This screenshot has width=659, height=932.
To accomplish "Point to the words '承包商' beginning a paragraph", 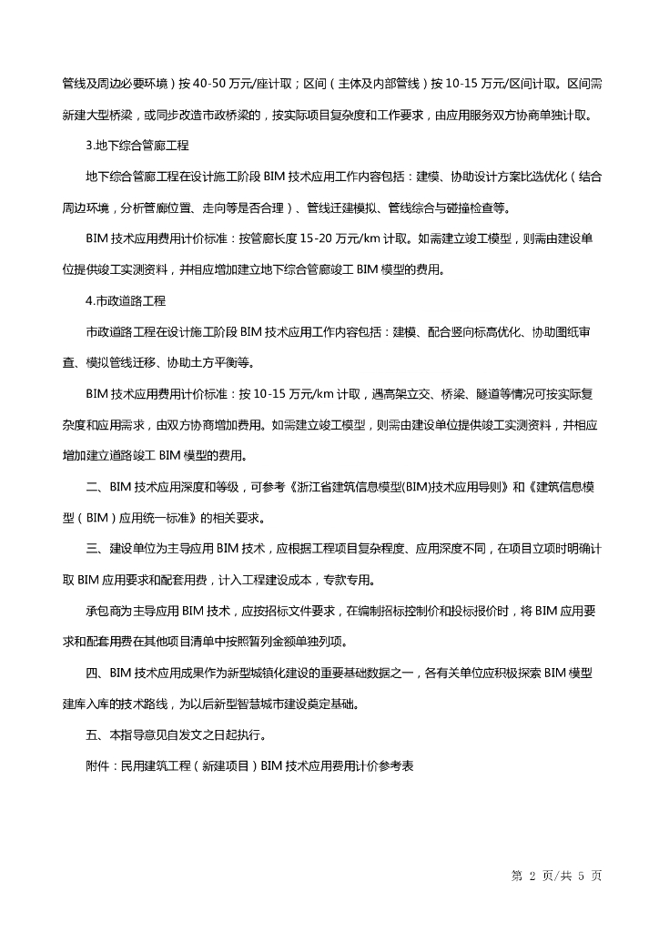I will click(104, 611).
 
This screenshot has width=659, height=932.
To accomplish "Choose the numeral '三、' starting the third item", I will click(96, 549).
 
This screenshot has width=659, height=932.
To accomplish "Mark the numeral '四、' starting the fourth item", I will click(96, 673).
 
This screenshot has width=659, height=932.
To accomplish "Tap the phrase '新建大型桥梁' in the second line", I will click(97, 116).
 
